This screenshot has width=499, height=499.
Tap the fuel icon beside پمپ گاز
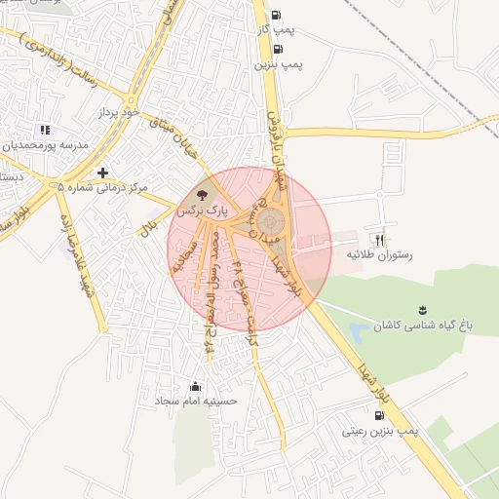click(276, 15)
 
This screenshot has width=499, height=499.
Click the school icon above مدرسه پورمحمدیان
click(43, 130)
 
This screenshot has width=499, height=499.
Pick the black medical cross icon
click(102, 173)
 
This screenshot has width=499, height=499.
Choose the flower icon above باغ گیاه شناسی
click(422, 310)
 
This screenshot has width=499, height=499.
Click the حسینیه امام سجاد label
click(195, 402)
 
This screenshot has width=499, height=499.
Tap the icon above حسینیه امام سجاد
click(196, 386)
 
